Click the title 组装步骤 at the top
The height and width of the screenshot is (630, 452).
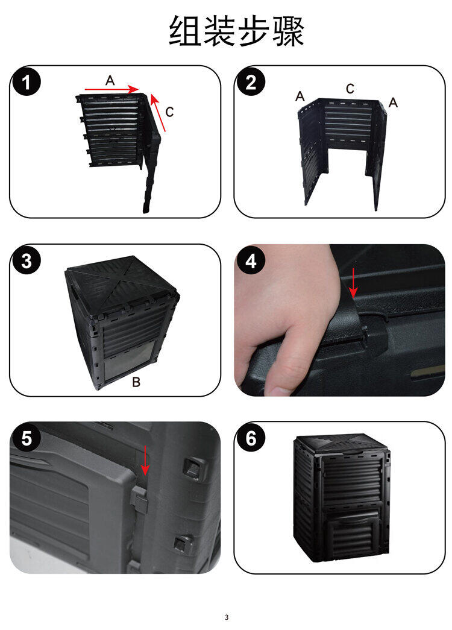point(236,31)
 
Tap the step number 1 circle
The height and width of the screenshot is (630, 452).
point(27,83)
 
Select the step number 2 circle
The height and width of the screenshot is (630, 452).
point(251,83)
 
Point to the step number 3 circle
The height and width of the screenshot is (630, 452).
point(27,261)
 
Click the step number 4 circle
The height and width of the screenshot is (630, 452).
point(251,261)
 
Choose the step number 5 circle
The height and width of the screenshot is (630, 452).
point(27,438)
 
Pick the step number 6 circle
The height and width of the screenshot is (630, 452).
point(251,438)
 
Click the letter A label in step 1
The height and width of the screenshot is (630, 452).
point(110,80)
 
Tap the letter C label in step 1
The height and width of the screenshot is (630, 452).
point(169,112)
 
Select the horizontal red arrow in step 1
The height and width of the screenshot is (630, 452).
point(111,89)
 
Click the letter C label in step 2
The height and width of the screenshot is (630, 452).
point(350,89)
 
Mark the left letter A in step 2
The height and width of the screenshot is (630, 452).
point(300,96)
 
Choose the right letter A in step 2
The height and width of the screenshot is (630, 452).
point(393,103)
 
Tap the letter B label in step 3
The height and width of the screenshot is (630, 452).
point(136,382)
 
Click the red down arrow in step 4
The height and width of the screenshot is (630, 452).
point(353,283)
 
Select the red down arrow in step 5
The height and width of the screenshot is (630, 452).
point(145,460)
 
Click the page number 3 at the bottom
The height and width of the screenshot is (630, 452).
point(226,617)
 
